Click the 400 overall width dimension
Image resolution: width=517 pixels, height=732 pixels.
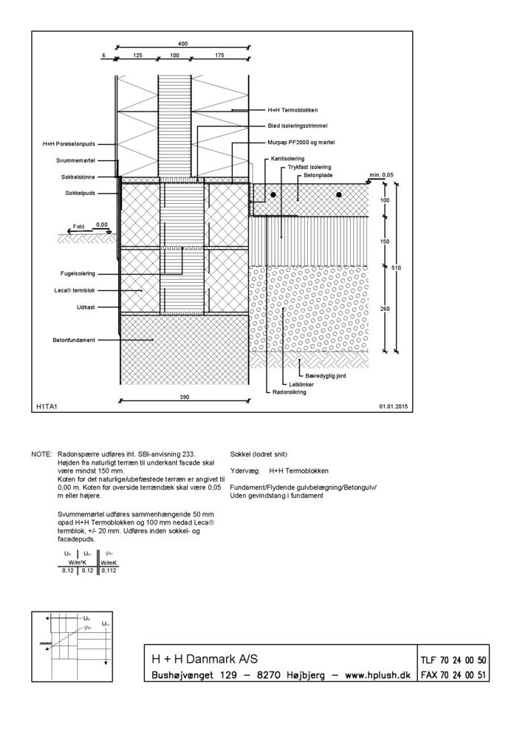tap(182, 44)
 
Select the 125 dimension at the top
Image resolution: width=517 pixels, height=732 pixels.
tap(137, 55)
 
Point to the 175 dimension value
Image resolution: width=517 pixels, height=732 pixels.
tap(219, 55)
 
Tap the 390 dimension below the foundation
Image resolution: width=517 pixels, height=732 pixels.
tap(185, 397)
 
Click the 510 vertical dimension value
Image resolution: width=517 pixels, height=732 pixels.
tap(396, 267)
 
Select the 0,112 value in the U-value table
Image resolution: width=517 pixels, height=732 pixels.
tap(109, 570)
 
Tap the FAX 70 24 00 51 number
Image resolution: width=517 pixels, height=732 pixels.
tap(453, 675)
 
